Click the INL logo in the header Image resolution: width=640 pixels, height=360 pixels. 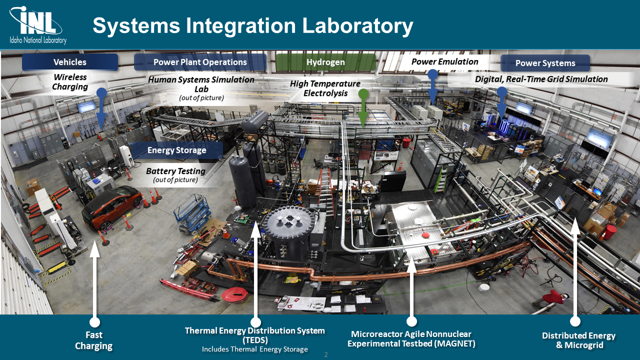[37, 25]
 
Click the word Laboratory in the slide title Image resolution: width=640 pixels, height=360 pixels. [357, 26]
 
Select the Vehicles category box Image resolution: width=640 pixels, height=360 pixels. [70, 62]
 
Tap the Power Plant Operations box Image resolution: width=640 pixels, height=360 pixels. [200, 62]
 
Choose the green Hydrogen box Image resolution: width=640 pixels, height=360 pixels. [325, 62]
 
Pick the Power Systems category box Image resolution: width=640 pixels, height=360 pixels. [545, 63]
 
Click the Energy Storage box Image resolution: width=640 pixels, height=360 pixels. [177, 150]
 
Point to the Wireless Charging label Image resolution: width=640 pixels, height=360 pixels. [70, 81]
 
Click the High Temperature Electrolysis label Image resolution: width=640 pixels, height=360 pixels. [325, 88]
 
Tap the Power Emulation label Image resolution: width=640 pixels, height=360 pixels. [444, 61]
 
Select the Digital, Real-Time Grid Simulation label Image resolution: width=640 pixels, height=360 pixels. [541, 79]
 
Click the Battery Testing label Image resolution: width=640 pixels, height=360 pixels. [175, 171]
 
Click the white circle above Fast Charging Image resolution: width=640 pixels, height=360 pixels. [94, 322]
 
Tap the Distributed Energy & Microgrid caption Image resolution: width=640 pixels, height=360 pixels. [578, 340]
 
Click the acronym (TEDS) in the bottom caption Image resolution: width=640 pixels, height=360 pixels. [255, 340]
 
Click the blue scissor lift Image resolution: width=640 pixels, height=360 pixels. [192, 213]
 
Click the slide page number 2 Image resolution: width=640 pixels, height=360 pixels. [325, 354]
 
